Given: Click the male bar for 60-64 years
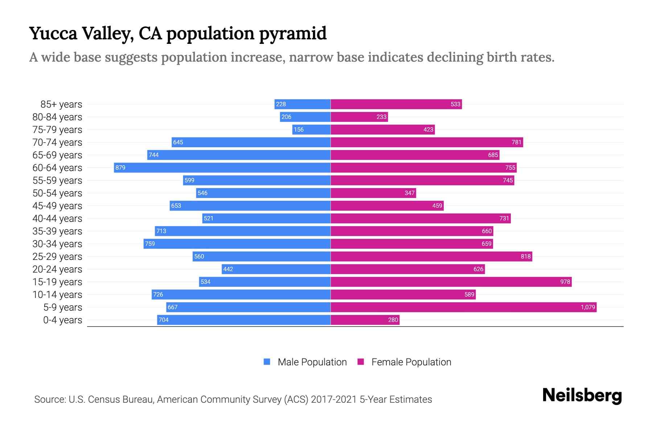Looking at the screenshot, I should point(222,167).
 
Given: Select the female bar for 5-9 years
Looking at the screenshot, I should point(463,307).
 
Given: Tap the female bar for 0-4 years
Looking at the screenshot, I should point(365,320).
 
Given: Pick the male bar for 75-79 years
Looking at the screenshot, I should point(311,129).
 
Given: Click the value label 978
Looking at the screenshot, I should point(565,282).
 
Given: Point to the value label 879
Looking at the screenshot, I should point(120,167).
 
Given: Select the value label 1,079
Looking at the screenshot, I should point(588,307).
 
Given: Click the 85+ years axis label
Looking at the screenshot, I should point(61,104).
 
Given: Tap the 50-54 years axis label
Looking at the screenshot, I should point(57,193).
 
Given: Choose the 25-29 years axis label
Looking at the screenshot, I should point(57,257).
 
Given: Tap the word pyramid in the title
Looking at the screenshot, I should point(292,34).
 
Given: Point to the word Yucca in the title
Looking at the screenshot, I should point(53,34).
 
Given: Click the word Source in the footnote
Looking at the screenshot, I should point(49,399).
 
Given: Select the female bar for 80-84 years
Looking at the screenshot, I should point(359,117).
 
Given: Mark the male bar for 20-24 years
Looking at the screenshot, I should point(276,269).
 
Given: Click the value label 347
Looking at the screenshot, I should point(409,193).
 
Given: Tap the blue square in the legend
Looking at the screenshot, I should point(267,362).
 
